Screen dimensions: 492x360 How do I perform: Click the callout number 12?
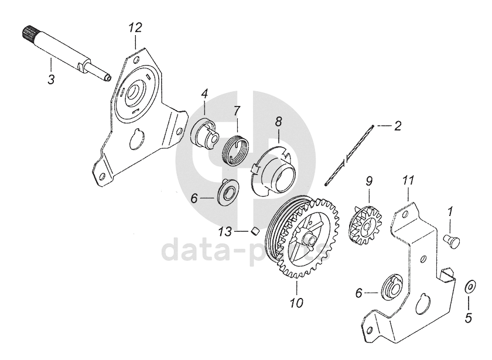click(x=135, y=28)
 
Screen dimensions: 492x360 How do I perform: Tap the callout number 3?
click(x=51, y=79)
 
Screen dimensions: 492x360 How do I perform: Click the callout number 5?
click(x=468, y=318)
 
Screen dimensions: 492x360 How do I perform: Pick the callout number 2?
click(x=397, y=125)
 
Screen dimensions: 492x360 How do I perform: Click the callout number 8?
click(x=278, y=122)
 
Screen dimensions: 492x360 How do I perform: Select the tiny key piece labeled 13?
click(x=255, y=230)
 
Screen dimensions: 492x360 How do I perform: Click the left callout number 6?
click(x=195, y=198)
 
